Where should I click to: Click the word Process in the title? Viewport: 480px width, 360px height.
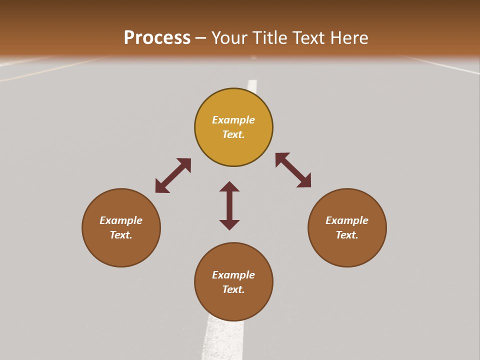[x=157, y=38]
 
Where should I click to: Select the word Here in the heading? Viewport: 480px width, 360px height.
[x=348, y=38]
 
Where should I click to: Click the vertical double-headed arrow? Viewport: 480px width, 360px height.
[x=229, y=205]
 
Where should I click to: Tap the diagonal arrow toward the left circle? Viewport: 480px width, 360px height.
[x=173, y=175]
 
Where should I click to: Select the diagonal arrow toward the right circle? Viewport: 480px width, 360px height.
[x=293, y=170]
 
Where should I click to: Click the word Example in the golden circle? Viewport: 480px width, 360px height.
[x=233, y=120]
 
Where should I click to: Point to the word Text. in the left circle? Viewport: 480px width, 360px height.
[x=121, y=235]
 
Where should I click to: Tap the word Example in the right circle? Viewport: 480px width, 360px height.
[x=347, y=220]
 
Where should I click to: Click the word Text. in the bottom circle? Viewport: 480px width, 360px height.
[x=233, y=289]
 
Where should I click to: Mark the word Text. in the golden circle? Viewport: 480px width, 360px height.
[x=233, y=134]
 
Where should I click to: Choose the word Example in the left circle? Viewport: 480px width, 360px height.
[x=121, y=220]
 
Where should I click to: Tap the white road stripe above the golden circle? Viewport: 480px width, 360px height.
[x=252, y=85]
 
